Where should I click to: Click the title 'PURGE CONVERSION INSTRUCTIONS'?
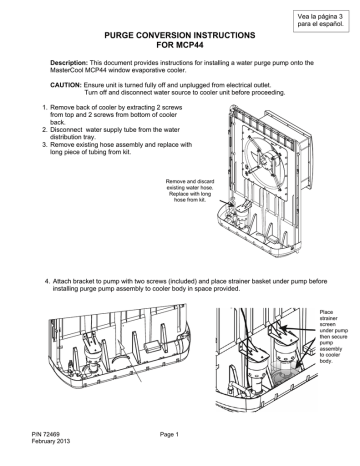coord(180,35)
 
